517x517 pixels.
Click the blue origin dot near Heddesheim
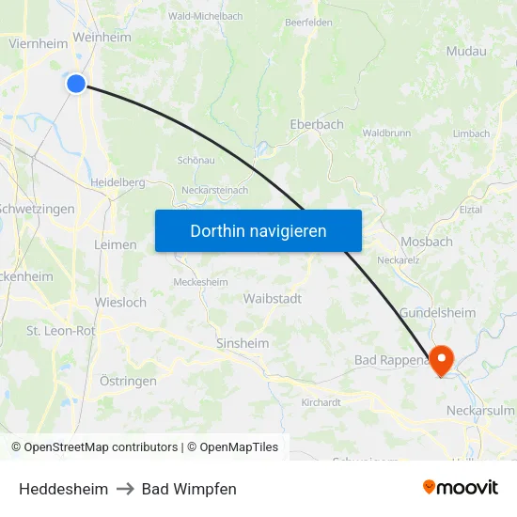coord(76,83)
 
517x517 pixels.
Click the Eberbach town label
coord(317,124)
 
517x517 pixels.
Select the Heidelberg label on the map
coord(117,182)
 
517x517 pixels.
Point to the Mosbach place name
coord(427,242)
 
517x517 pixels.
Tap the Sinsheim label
coord(243,343)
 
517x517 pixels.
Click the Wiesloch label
coord(120,303)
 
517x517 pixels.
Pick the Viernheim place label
coord(38,43)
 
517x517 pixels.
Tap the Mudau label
coord(466,52)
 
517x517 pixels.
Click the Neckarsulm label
coord(479,411)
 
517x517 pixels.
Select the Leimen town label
coord(116,244)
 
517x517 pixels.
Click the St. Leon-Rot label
coord(61,331)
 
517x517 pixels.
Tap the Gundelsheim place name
coord(438,312)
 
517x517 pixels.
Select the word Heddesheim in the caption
coord(63,489)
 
